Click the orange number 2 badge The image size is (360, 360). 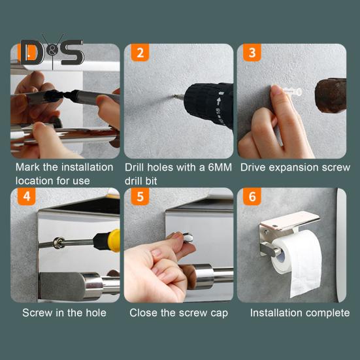tap(140, 52)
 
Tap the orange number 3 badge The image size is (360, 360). tap(252, 52)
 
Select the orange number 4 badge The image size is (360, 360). tap(27, 197)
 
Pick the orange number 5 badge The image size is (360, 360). tap(140, 197)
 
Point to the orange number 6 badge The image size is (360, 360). tap(252, 197)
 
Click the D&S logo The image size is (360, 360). tap(52, 52)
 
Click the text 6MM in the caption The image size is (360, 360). tap(220, 167)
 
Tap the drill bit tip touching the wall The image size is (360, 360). tap(174, 96)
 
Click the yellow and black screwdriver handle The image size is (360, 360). tap(107, 240)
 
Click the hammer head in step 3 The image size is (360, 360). tap(331, 95)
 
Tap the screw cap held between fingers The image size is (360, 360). tap(188, 237)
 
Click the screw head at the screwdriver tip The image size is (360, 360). tap(58, 242)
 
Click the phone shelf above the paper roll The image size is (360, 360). tap(289, 221)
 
